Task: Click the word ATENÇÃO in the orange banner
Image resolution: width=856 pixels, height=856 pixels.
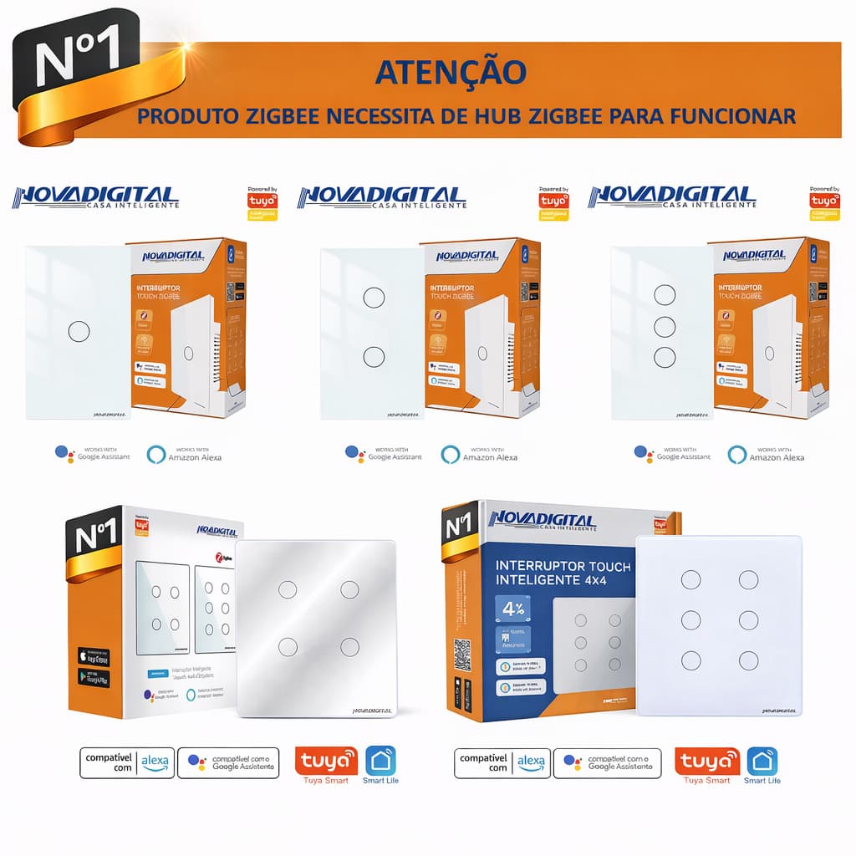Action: pos(451,73)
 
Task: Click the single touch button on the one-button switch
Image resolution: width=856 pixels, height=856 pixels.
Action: pos(79,331)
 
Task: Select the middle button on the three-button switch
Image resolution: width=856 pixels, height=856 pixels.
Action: pos(665,326)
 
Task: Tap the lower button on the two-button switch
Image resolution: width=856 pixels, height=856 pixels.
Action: pos(374,357)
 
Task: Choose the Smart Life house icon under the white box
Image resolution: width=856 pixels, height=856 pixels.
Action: pos(380,761)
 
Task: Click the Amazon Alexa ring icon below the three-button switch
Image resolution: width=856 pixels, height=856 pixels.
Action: pos(736,454)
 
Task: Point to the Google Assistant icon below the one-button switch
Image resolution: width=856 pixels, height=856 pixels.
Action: pos(64,453)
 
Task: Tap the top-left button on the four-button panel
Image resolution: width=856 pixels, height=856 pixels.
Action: pos(287,589)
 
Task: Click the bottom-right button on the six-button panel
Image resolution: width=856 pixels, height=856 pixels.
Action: pos(748,660)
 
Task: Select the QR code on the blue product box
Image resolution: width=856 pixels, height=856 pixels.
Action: pos(462,652)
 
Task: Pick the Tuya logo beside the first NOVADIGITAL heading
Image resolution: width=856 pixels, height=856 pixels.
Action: pos(262,201)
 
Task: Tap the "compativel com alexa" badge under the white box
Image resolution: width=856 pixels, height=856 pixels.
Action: pos(127,762)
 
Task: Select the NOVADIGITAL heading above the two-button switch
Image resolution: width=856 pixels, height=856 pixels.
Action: pos(381,198)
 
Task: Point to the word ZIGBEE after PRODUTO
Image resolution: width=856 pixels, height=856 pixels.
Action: pos(279,115)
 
